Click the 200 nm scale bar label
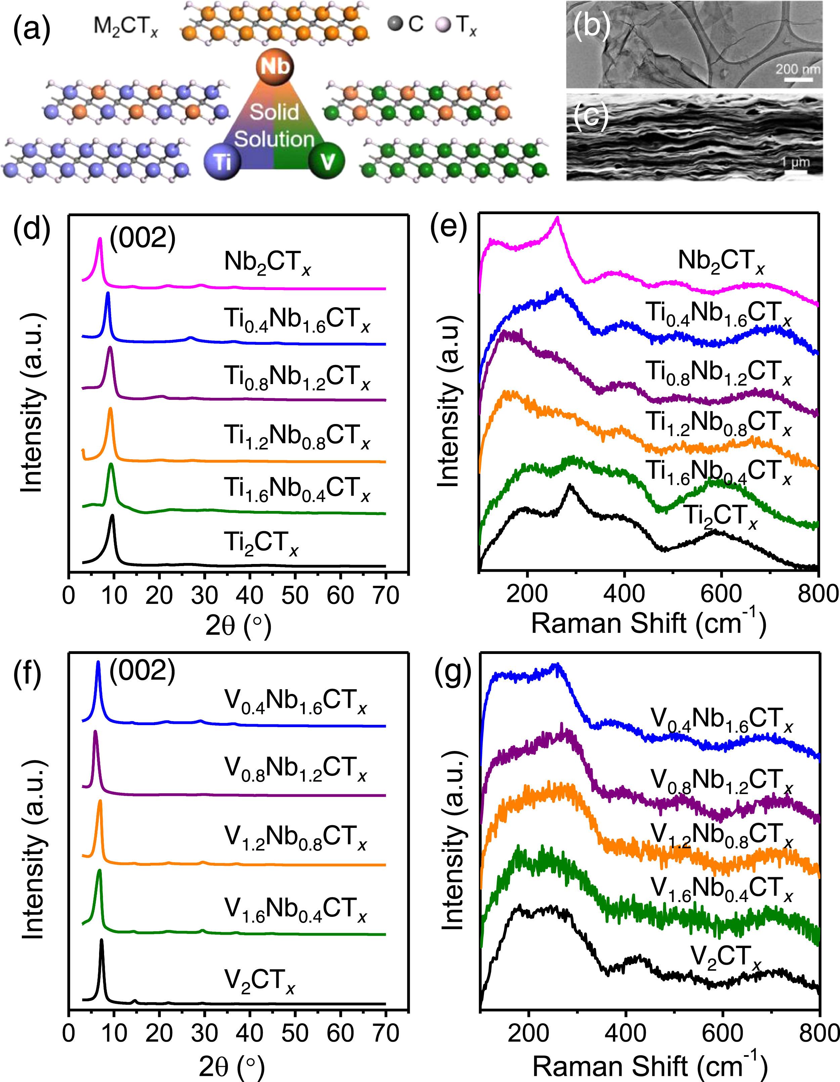click(x=797, y=68)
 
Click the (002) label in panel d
click(x=142, y=239)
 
